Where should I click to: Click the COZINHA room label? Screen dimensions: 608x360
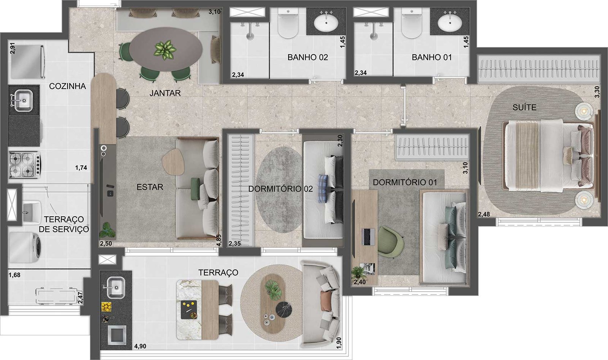[x=67, y=86]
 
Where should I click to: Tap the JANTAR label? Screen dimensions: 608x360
[x=165, y=93]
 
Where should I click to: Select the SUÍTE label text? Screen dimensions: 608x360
[x=524, y=108]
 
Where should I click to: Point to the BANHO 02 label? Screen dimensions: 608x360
[x=307, y=57]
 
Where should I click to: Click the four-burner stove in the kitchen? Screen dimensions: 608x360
[x=24, y=165]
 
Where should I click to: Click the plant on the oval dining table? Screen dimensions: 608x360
[x=165, y=50]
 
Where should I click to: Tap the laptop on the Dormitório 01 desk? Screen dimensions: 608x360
[x=368, y=237]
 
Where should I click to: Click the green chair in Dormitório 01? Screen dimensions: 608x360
[x=390, y=242]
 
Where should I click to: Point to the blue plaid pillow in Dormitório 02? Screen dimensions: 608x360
[x=323, y=189]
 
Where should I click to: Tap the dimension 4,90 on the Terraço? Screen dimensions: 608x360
[x=140, y=346]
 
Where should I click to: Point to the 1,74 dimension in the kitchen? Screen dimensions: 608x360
[x=81, y=168]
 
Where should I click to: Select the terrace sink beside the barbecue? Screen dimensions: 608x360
[x=116, y=287]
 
